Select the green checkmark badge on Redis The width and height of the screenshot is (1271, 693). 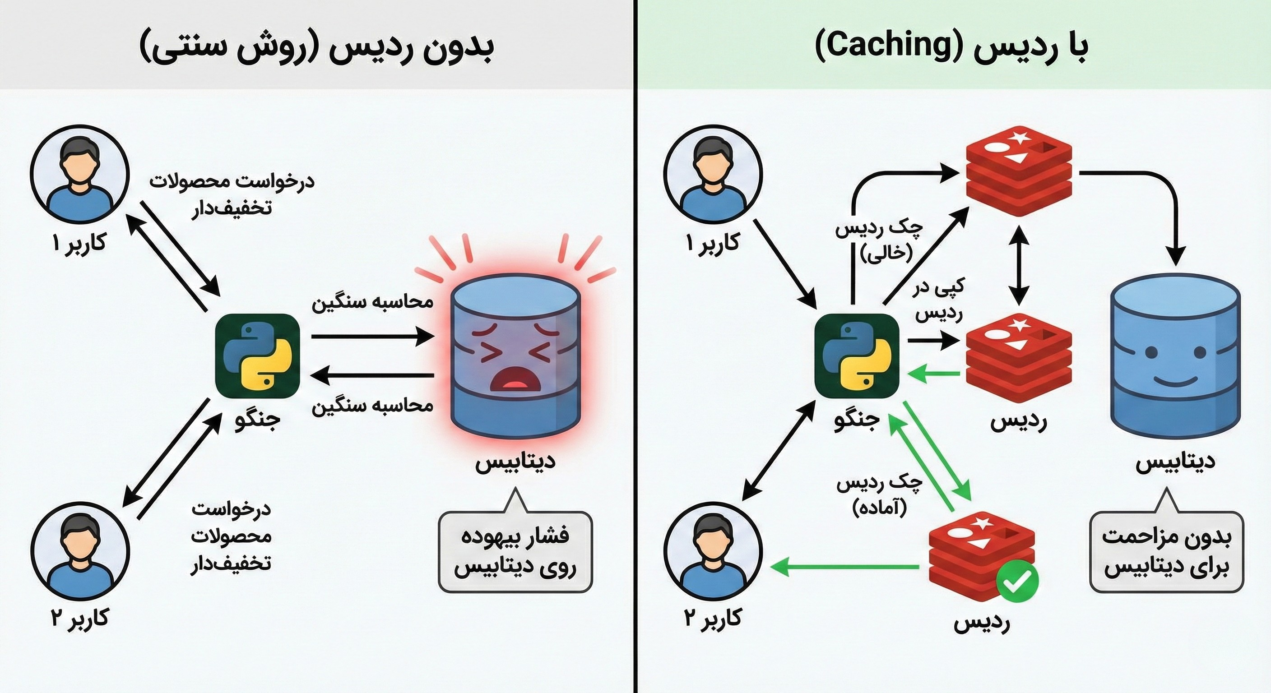coord(1017,581)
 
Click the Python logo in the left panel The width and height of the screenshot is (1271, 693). coord(258,355)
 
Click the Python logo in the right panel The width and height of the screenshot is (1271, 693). coord(857,355)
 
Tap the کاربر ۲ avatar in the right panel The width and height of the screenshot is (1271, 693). coord(713,551)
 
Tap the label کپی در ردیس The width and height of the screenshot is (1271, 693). coord(939,300)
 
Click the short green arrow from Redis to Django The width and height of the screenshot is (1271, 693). coord(936,374)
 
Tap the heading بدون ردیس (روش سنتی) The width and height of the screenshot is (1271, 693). coord(316,48)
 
